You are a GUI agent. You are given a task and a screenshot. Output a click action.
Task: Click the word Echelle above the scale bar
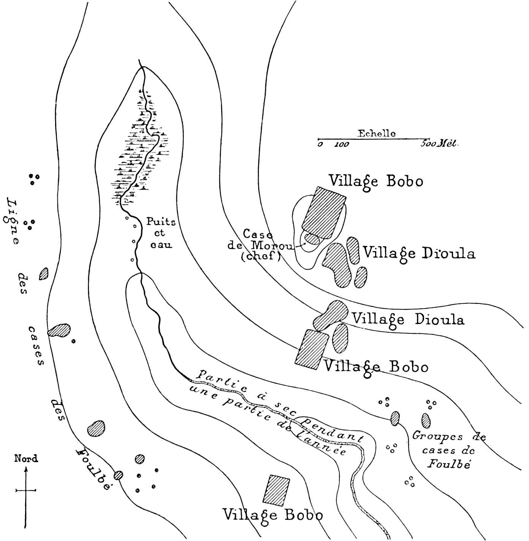click(377, 133)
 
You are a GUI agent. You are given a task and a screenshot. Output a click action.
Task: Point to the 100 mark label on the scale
click(342, 144)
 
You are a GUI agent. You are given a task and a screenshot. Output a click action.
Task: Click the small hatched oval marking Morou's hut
click(312, 238)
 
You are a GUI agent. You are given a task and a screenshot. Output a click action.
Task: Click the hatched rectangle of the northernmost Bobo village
click(324, 213)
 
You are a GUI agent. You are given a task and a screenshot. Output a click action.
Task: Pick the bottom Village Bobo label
click(273, 515)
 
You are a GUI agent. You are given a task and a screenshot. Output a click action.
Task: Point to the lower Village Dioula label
click(408, 320)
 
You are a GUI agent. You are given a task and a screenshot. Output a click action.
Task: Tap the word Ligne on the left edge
click(11, 221)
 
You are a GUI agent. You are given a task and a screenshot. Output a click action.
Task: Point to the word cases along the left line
click(36, 346)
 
